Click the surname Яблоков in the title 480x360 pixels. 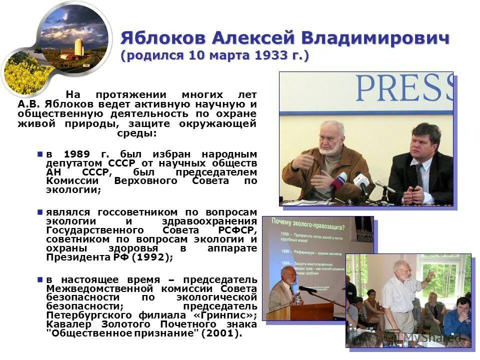[162, 38]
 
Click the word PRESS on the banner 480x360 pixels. [405, 88]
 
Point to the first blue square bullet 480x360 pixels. [40, 154]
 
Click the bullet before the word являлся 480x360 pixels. [40, 212]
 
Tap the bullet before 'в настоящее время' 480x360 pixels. [40, 279]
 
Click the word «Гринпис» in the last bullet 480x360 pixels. [231, 315]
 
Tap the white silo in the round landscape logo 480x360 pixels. [78, 48]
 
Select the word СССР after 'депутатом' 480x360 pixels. [122, 163]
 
